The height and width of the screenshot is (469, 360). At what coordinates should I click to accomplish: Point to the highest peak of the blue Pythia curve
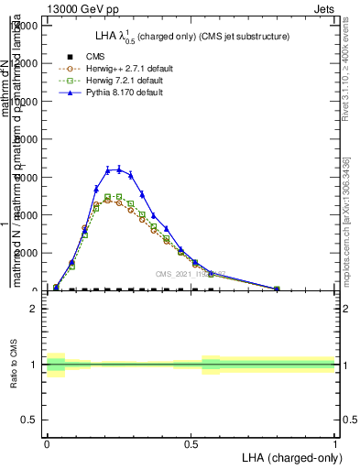click(118, 169)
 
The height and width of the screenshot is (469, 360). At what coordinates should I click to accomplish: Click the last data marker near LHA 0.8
click(277, 289)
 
